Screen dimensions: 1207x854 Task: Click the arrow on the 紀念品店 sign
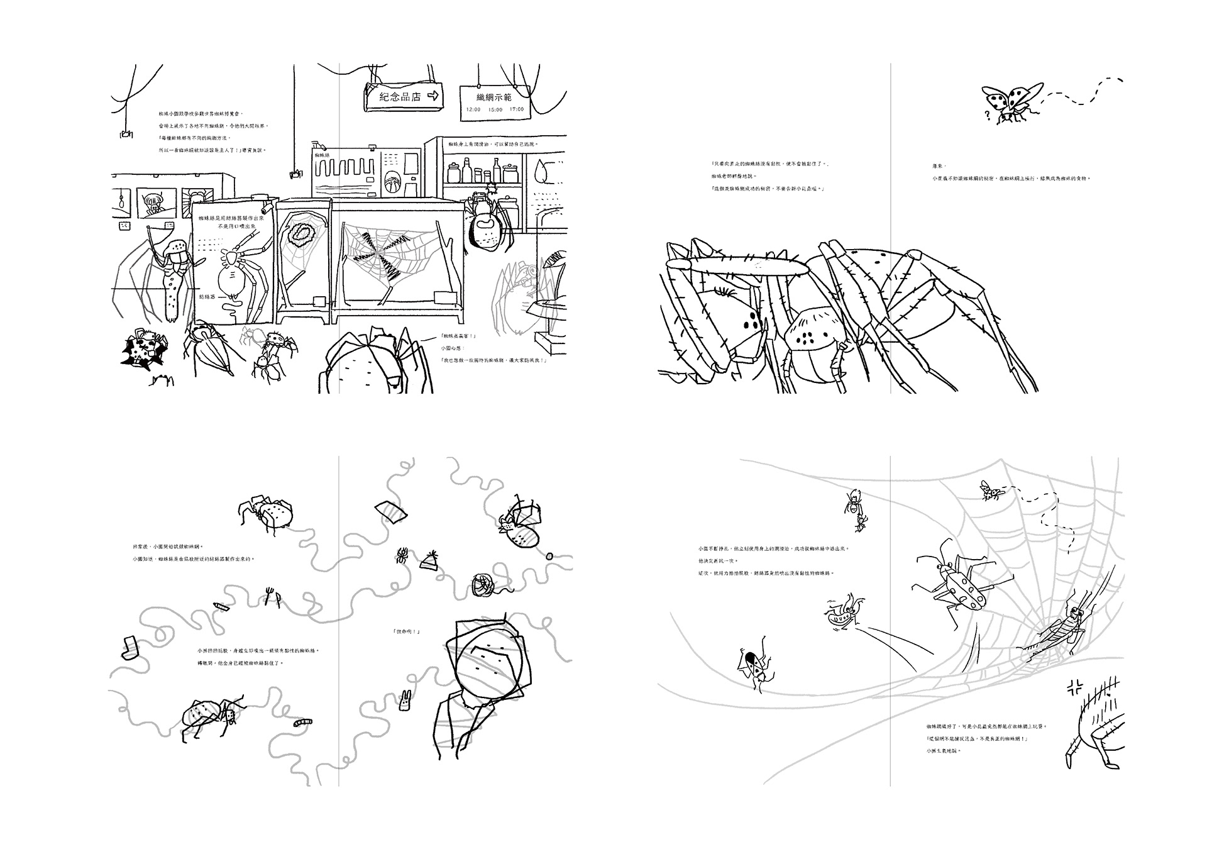[433, 96]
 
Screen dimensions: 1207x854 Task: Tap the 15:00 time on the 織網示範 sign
[495, 109]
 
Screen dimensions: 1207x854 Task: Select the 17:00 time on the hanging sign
[517, 109]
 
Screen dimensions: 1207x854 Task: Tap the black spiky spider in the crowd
[145, 350]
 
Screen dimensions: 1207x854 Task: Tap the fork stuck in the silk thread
[271, 595]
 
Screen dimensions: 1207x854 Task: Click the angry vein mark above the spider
[1073, 687]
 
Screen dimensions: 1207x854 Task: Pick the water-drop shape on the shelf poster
[540, 170]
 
